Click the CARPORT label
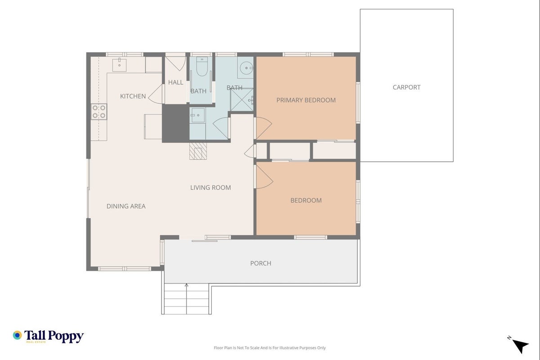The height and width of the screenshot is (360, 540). (x=406, y=87)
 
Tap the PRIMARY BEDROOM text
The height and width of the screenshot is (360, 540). (x=306, y=100)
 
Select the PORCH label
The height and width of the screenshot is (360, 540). (x=261, y=263)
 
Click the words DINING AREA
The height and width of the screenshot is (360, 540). (x=126, y=206)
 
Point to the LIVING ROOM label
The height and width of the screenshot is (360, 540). (x=210, y=188)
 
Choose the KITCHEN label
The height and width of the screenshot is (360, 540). (x=133, y=96)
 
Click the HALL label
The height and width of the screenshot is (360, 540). (x=175, y=82)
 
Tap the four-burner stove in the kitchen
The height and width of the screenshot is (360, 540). (x=99, y=112)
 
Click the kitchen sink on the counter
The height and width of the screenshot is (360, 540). (x=119, y=65)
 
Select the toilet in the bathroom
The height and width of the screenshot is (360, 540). (x=202, y=66)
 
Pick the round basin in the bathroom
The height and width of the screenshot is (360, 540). (x=246, y=68)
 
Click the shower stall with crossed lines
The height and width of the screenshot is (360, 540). (x=242, y=100)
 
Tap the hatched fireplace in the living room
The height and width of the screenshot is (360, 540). (x=198, y=151)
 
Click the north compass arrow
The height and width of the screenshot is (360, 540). (x=520, y=346)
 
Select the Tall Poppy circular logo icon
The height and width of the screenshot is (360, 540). (x=18, y=335)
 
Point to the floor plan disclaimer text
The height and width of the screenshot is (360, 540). (x=270, y=348)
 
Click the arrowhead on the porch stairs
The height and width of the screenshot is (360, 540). (x=186, y=285)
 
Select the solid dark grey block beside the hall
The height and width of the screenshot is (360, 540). (x=176, y=123)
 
